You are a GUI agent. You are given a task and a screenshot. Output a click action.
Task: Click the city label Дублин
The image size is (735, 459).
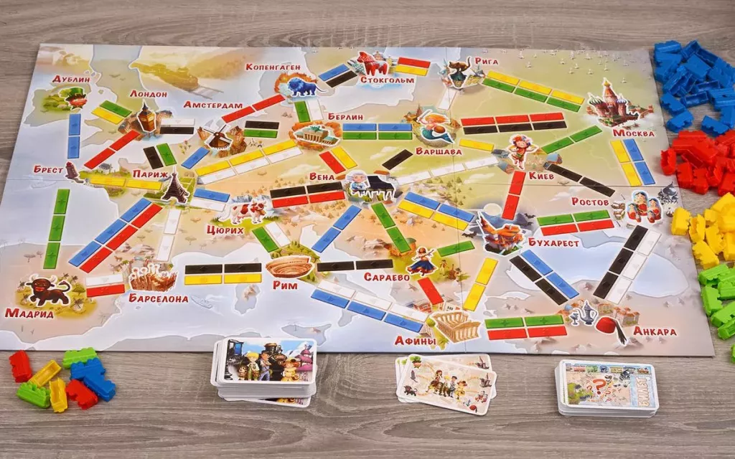tap(71, 79)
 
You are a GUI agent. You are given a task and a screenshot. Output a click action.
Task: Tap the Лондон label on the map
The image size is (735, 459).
tap(149, 94)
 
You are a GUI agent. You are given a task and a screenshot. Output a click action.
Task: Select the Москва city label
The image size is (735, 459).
tap(634, 133)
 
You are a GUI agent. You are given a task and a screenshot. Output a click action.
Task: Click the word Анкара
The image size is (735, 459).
tap(655, 331)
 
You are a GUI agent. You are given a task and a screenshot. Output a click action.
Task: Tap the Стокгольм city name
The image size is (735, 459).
tap(388, 80)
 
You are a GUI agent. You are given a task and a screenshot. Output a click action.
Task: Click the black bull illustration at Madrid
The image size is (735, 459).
tap(47, 289)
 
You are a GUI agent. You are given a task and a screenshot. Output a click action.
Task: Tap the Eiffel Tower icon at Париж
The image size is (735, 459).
tap(175, 188)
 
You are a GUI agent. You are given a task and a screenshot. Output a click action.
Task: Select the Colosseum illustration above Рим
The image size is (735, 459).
tap(289, 267)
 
